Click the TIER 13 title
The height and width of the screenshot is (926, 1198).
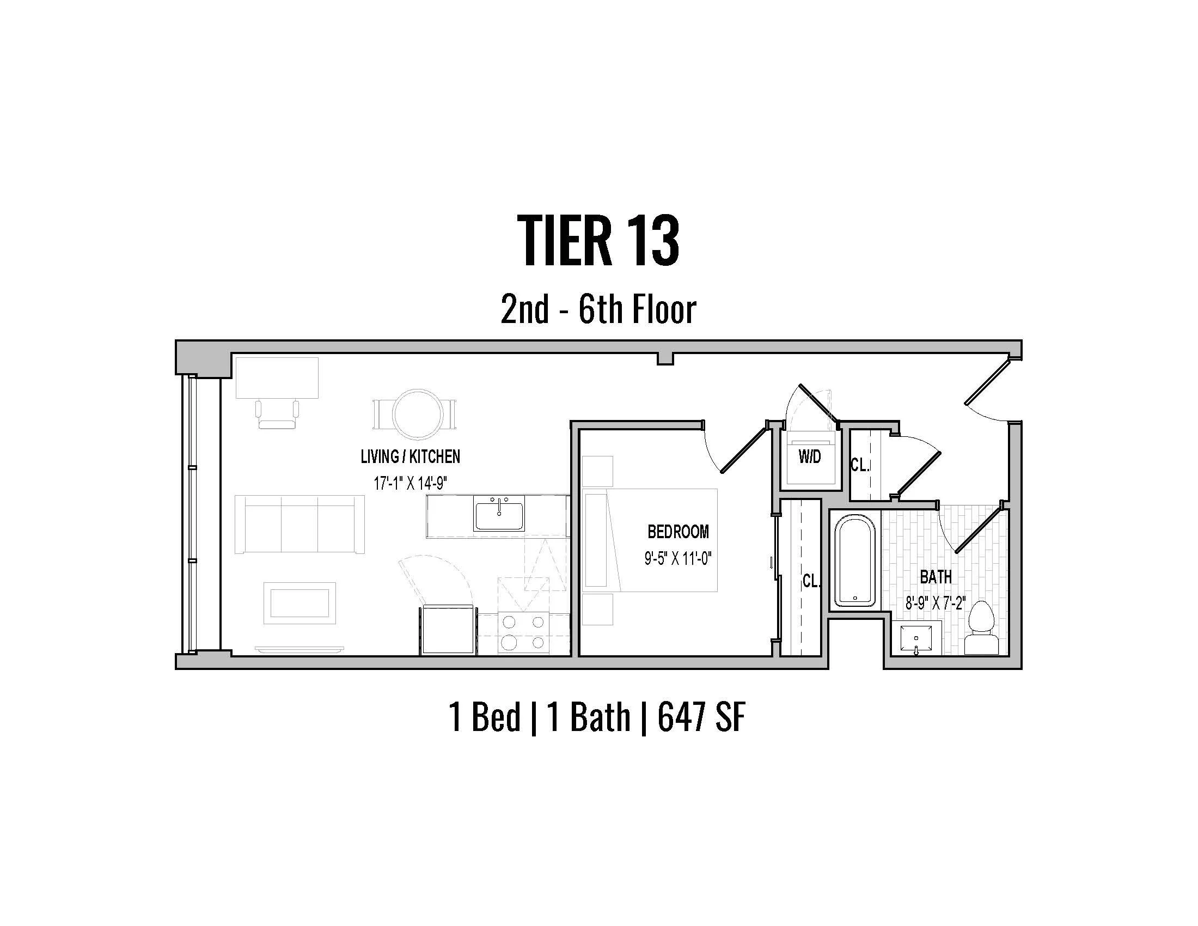click(598, 241)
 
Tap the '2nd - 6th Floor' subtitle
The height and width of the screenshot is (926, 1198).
click(598, 310)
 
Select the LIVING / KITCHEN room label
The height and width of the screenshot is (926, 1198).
click(409, 456)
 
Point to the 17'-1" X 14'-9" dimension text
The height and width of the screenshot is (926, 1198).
click(409, 483)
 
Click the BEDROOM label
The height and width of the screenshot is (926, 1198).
click(678, 532)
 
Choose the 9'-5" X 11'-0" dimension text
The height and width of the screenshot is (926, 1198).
click(677, 559)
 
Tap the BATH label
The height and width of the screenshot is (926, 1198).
click(935, 577)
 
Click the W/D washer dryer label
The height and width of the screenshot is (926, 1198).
click(810, 456)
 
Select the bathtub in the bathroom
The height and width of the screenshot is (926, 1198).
click(854, 562)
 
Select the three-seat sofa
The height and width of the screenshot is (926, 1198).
click(299, 524)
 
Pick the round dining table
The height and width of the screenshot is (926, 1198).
click(415, 413)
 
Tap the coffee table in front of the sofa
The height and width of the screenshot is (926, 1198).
click(299, 603)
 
